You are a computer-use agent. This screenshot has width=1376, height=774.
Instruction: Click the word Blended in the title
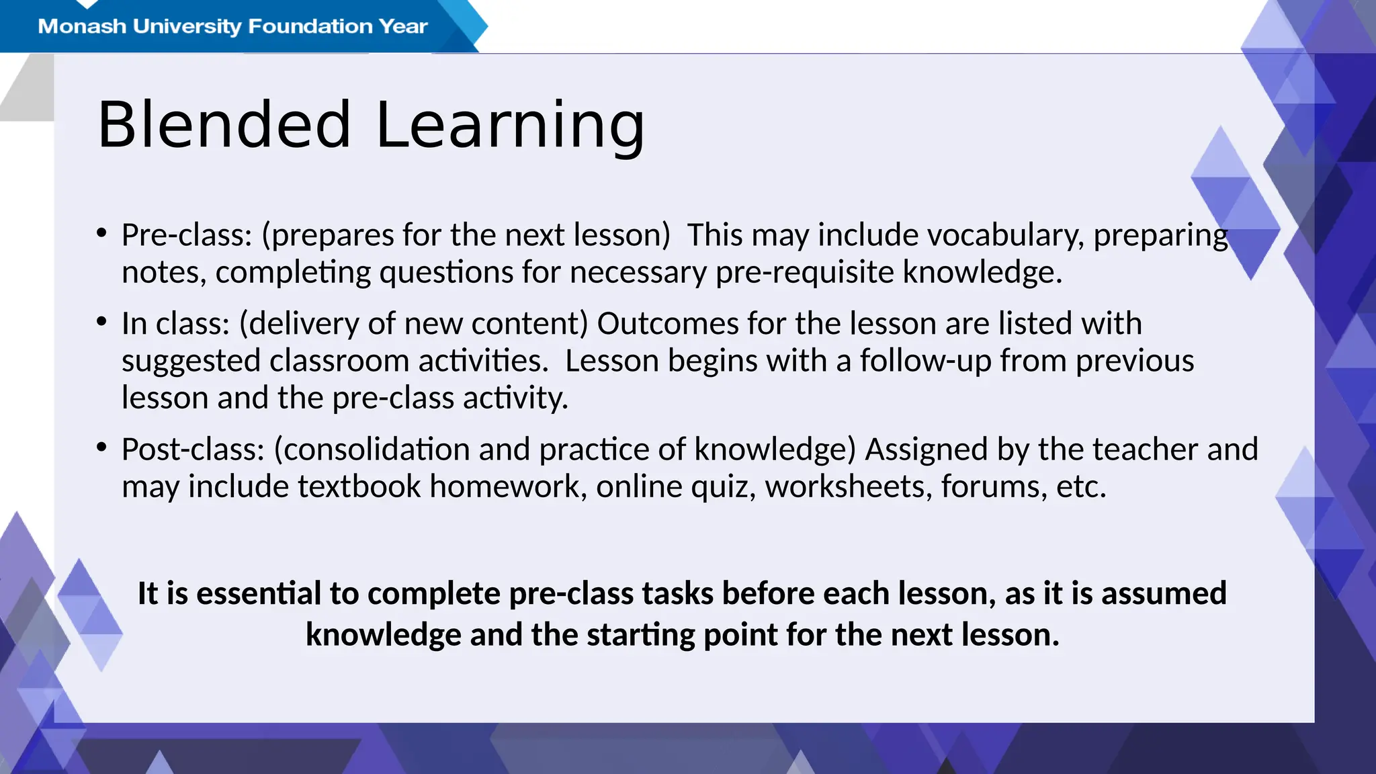tap(224, 125)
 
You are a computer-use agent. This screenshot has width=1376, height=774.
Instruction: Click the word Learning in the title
tap(511, 125)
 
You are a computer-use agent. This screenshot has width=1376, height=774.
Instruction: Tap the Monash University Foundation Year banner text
tap(232, 26)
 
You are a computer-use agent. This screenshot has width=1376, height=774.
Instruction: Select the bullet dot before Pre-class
tap(101, 233)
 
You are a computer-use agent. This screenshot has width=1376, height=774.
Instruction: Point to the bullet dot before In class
tap(101, 322)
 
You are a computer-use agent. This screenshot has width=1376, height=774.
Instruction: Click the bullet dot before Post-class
tap(101, 447)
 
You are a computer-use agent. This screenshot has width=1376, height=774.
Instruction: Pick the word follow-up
tap(925, 361)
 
